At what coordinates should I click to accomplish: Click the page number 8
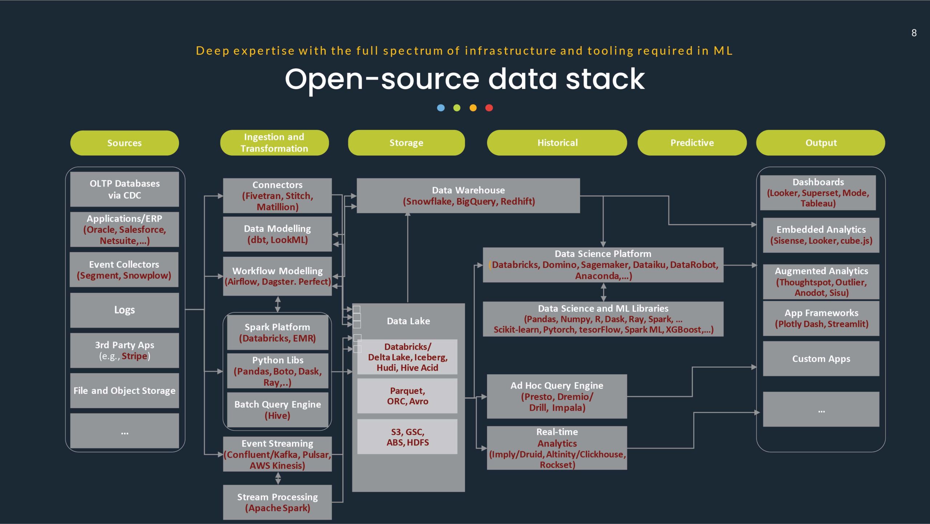(x=914, y=33)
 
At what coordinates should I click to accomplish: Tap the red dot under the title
(x=489, y=108)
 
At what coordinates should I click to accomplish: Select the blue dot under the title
(x=441, y=108)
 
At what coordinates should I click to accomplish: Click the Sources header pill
(x=124, y=143)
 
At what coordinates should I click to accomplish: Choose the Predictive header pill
(x=692, y=143)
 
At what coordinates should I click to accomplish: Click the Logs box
(x=124, y=310)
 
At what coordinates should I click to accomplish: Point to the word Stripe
(x=134, y=356)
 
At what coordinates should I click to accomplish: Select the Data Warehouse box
(x=468, y=196)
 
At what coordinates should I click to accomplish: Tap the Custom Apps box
(x=821, y=359)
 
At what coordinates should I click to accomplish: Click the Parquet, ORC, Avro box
(x=407, y=396)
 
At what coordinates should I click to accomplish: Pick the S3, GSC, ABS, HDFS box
(x=407, y=437)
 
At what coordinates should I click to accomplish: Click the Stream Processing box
(x=277, y=502)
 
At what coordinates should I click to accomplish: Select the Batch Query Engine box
(x=277, y=409)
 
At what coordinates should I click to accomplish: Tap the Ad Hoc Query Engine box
(x=557, y=396)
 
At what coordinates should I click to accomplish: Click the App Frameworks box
(x=821, y=318)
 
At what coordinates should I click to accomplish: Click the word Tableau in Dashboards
(x=818, y=203)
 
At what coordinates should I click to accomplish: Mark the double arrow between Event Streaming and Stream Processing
(x=278, y=478)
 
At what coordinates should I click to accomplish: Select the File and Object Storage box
(x=124, y=391)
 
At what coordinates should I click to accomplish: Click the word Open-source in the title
(x=381, y=79)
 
